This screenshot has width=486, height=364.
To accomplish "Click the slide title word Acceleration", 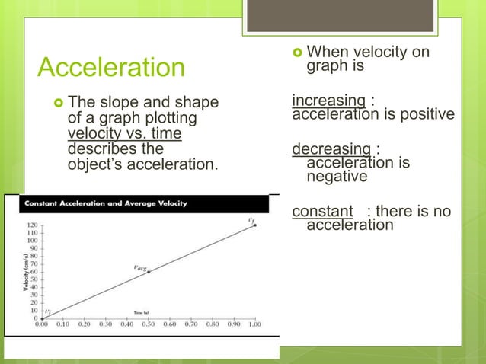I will pos(111,68).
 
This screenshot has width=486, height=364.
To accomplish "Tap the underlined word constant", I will pos(323,211).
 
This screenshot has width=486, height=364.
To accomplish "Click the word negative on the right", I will pos(337,177).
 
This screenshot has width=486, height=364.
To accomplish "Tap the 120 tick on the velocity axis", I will pos(33,226).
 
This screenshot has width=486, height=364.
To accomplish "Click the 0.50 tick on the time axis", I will pos(149,324).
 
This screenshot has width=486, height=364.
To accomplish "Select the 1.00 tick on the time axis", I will pos(254,324).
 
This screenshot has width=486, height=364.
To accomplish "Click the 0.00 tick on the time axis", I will pos(43,324).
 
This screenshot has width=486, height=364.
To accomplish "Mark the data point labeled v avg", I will pos(149,272).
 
